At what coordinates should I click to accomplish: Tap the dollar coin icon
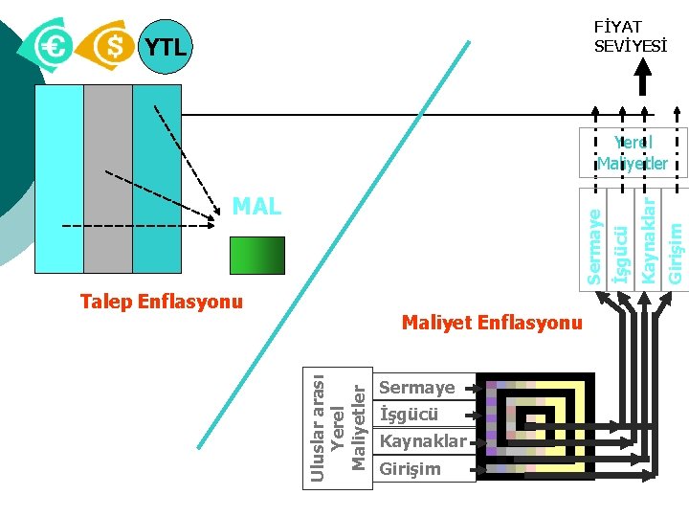110,45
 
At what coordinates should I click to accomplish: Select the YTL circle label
165,46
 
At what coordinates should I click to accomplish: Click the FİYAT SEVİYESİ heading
619,36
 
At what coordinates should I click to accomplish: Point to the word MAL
256,206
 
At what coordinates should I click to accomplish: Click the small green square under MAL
256,256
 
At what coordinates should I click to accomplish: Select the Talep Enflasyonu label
162,303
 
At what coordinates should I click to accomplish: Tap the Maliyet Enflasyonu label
491,323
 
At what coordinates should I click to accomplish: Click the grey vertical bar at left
108,179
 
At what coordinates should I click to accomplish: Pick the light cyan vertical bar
59,179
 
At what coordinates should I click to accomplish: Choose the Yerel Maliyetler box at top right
633,152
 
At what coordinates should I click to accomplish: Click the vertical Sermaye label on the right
594,247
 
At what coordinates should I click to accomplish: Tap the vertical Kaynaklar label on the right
649,239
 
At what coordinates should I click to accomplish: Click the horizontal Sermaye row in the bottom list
418,388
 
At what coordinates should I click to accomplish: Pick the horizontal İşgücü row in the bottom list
410,415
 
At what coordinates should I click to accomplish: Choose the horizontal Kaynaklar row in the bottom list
423,441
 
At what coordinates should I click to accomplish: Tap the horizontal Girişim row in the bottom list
411,468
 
